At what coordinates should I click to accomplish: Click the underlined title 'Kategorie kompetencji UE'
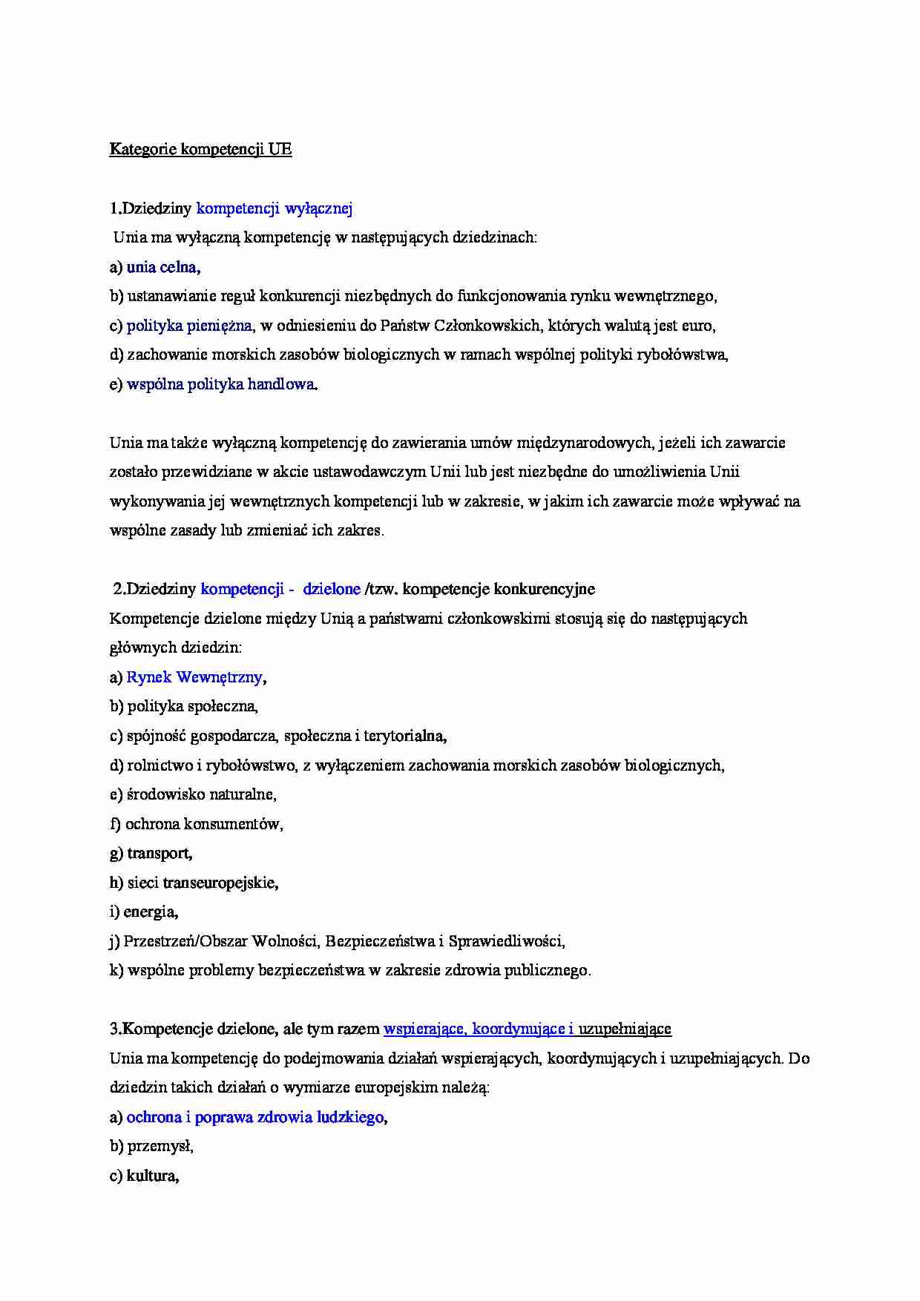(x=200, y=149)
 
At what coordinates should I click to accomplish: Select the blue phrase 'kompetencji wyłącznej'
(x=274, y=208)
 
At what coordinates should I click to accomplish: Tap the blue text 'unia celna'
(x=162, y=267)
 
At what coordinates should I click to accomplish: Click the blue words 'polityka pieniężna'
(x=189, y=326)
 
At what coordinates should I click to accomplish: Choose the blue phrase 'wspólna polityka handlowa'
(x=220, y=384)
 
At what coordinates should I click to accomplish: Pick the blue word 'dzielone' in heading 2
(x=332, y=589)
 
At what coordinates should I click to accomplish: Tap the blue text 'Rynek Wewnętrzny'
(x=194, y=677)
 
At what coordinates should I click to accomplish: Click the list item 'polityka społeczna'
(x=191, y=706)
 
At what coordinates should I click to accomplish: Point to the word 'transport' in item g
(x=159, y=853)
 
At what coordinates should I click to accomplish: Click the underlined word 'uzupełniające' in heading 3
(x=625, y=1029)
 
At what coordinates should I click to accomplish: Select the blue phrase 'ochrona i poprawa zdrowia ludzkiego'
(x=255, y=1117)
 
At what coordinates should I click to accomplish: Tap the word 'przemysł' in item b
(x=160, y=1146)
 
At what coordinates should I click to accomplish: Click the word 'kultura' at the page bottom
(x=152, y=1176)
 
